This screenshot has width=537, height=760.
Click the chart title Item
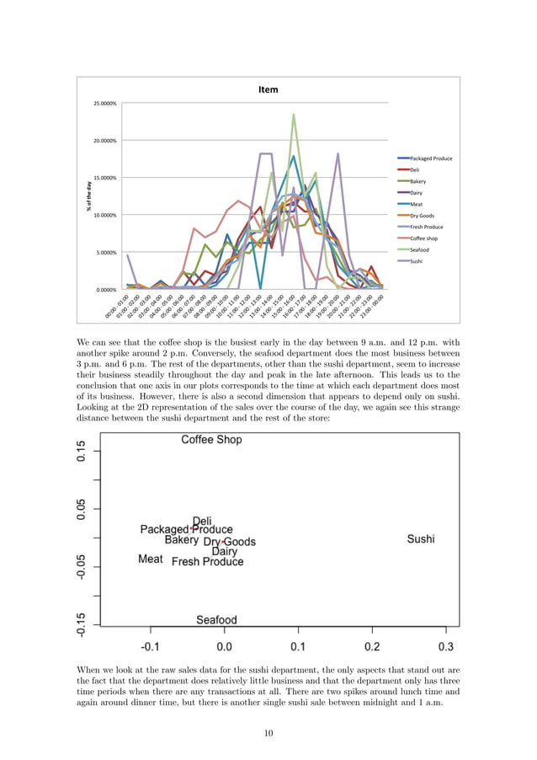[268, 89]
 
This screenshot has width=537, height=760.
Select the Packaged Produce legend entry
[430, 158]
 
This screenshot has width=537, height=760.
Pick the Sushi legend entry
[417, 261]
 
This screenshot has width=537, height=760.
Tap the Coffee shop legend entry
[425, 238]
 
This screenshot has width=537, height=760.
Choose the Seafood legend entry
[420, 249]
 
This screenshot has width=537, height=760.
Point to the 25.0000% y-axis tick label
[105, 104]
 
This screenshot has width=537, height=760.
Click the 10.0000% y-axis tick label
[105, 215]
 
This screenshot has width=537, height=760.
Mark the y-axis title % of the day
[88, 195]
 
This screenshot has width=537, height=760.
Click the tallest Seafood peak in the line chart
[294, 115]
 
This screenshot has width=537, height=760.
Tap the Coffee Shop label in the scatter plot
[212, 440]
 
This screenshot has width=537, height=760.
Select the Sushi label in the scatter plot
[421, 539]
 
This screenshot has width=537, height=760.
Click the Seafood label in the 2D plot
[216, 620]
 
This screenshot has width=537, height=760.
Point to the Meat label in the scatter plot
[151, 559]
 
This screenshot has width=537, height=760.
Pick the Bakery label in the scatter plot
[182, 541]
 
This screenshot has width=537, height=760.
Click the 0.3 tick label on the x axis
[446, 647]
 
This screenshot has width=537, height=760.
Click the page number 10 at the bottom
[268, 734]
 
